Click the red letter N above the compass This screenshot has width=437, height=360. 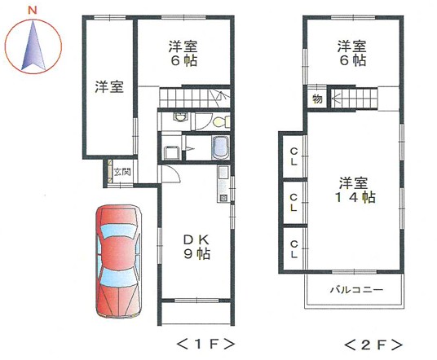coord(33,11)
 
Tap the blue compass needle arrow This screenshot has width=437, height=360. coord(33,46)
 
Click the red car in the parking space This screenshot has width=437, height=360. coord(118,261)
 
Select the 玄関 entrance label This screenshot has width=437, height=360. coord(122,172)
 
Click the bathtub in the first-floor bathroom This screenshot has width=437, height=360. coord(221,147)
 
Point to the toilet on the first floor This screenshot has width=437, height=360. coord(222,121)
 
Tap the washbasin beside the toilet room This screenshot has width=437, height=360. coord(180,117)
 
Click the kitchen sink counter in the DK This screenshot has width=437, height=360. coord(223,184)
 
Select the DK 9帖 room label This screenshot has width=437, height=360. coord(196,247)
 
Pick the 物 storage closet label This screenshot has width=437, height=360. coord(317,99)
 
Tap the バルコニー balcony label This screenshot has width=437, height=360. coord(356,290)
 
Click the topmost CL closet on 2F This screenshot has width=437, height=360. coord(294,156)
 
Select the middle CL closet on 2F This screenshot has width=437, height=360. coord(294,203)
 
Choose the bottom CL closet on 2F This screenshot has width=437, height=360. coord(294,249)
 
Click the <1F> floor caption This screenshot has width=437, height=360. coord(205,345)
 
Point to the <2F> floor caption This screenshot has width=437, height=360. coord(373,345)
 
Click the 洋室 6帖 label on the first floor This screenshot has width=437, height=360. coord(183,53)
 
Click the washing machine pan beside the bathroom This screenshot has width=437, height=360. coord(170,153)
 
